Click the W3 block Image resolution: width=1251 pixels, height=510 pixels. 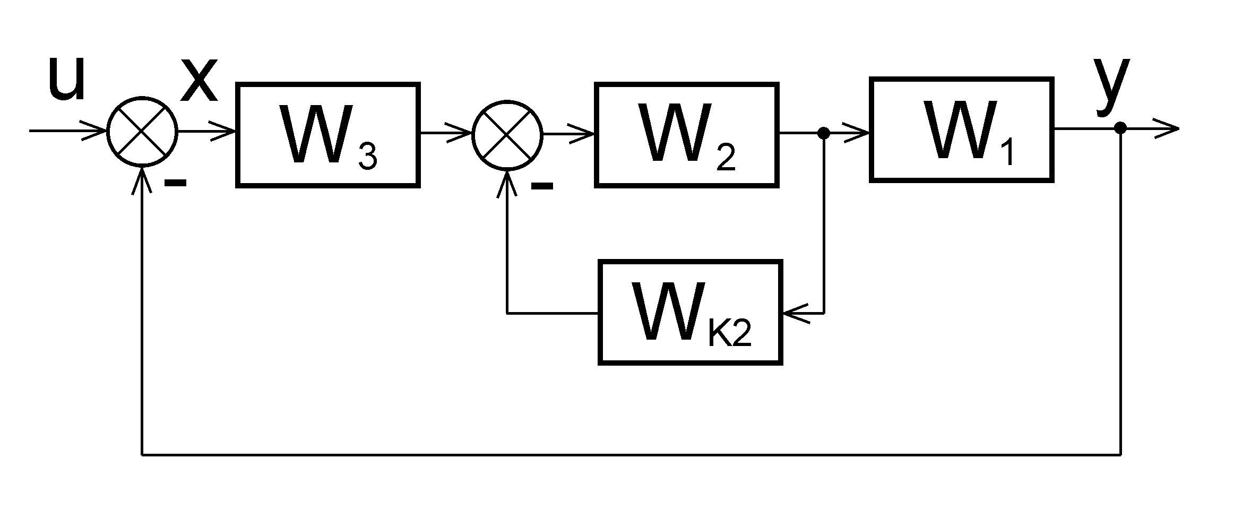click(x=328, y=135)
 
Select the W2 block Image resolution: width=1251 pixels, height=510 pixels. click(x=686, y=135)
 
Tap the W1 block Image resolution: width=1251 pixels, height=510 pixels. click(x=961, y=129)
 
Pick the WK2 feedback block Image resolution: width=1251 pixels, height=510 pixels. click(x=691, y=312)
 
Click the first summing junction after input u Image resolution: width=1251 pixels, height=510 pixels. click(x=142, y=131)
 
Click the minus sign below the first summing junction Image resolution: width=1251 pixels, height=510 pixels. click(x=175, y=183)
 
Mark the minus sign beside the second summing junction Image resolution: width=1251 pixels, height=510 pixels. click(x=542, y=186)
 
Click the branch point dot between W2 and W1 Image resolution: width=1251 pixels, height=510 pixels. click(x=824, y=133)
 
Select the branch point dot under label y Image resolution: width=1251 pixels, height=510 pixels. click(x=1120, y=128)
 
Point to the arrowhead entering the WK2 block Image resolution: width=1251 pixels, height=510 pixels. click(x=793, y=313)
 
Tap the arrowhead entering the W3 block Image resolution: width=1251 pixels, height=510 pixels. click(x=226, y=132)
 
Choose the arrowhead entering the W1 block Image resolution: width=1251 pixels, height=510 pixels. click(x=859, y=133)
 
